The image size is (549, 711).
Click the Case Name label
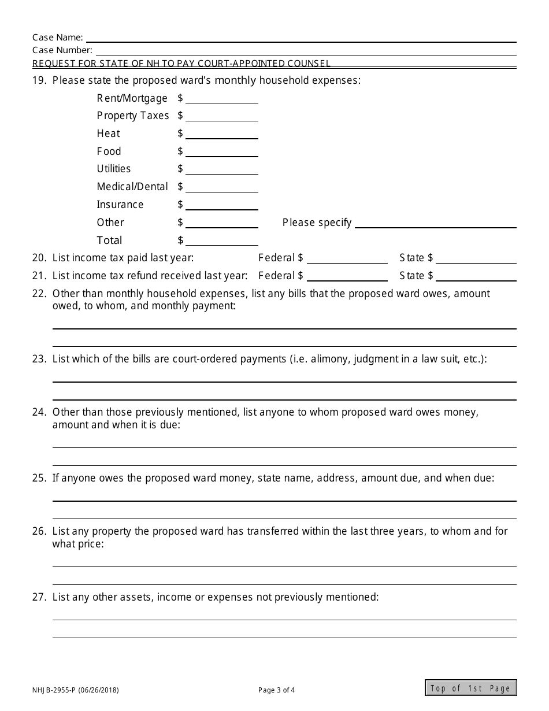click(57, 38)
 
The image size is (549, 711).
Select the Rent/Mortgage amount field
click(221, 98)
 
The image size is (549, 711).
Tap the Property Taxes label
click(133, 116)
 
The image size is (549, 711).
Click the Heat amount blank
click(221, 134)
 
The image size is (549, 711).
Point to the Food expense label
click(109, 151)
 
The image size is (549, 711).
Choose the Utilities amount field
click(221, 169)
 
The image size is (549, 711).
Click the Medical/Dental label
click(132, 187)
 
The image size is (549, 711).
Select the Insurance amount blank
click(221, 205)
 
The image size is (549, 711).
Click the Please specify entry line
click(435, 223)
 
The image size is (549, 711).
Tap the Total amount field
click(221, 240)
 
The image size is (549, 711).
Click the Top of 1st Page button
click(471, 688)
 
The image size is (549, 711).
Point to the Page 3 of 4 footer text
click(276, 690)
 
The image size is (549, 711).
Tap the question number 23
click(39, 359)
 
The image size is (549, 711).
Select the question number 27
click(39, 597)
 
